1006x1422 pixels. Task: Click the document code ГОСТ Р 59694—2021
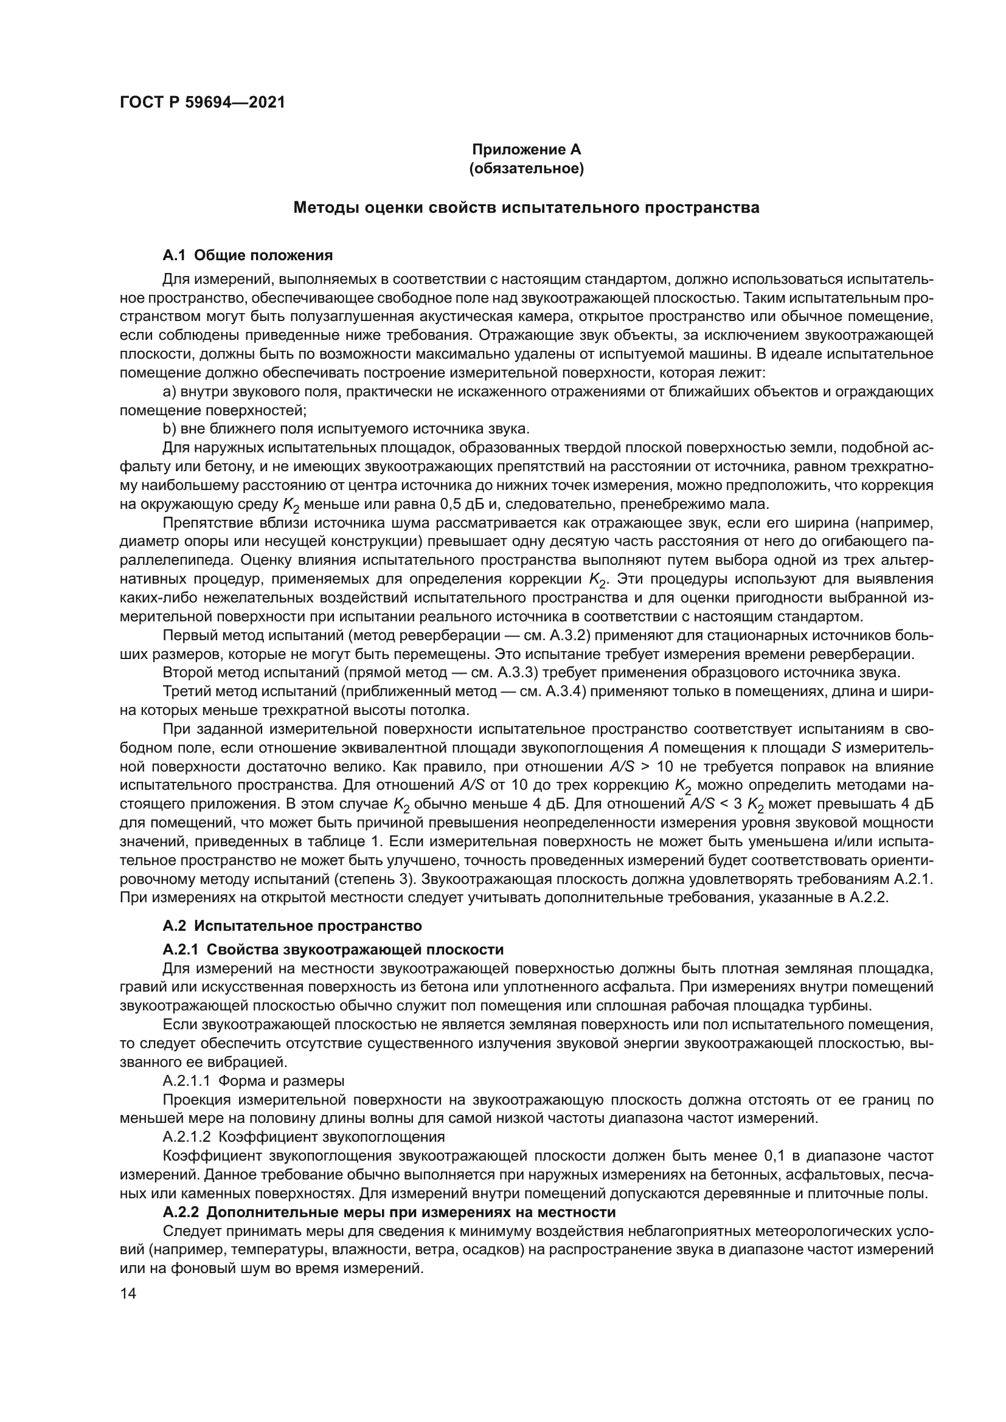click(202, 103)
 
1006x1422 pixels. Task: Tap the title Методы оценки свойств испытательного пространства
click(526, 207)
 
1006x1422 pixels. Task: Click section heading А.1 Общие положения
click(248, 255)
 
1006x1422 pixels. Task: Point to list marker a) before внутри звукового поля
click(170, 392)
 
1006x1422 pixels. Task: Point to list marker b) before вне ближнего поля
click(170, 429)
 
